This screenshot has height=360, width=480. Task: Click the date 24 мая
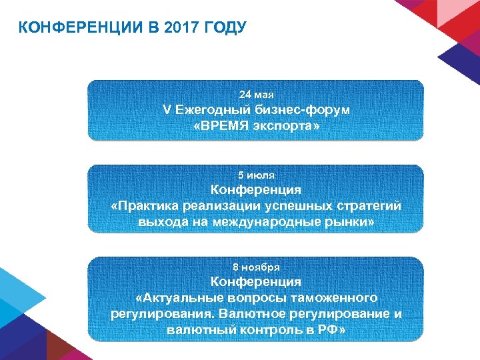pyautogui.click(x=256, y=95)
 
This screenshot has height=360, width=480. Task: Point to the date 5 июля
pyautogui.click(x=256, y=175)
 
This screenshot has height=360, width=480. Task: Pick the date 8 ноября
pyautogui.click(x=256, y=267)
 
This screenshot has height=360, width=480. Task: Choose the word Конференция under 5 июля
pyautogui.click(x=256, y=190)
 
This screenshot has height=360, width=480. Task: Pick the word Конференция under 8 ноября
pyautogui.click(x=256, y=281)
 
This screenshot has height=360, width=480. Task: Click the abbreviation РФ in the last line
pyautogui.click(x=327, y=329)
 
